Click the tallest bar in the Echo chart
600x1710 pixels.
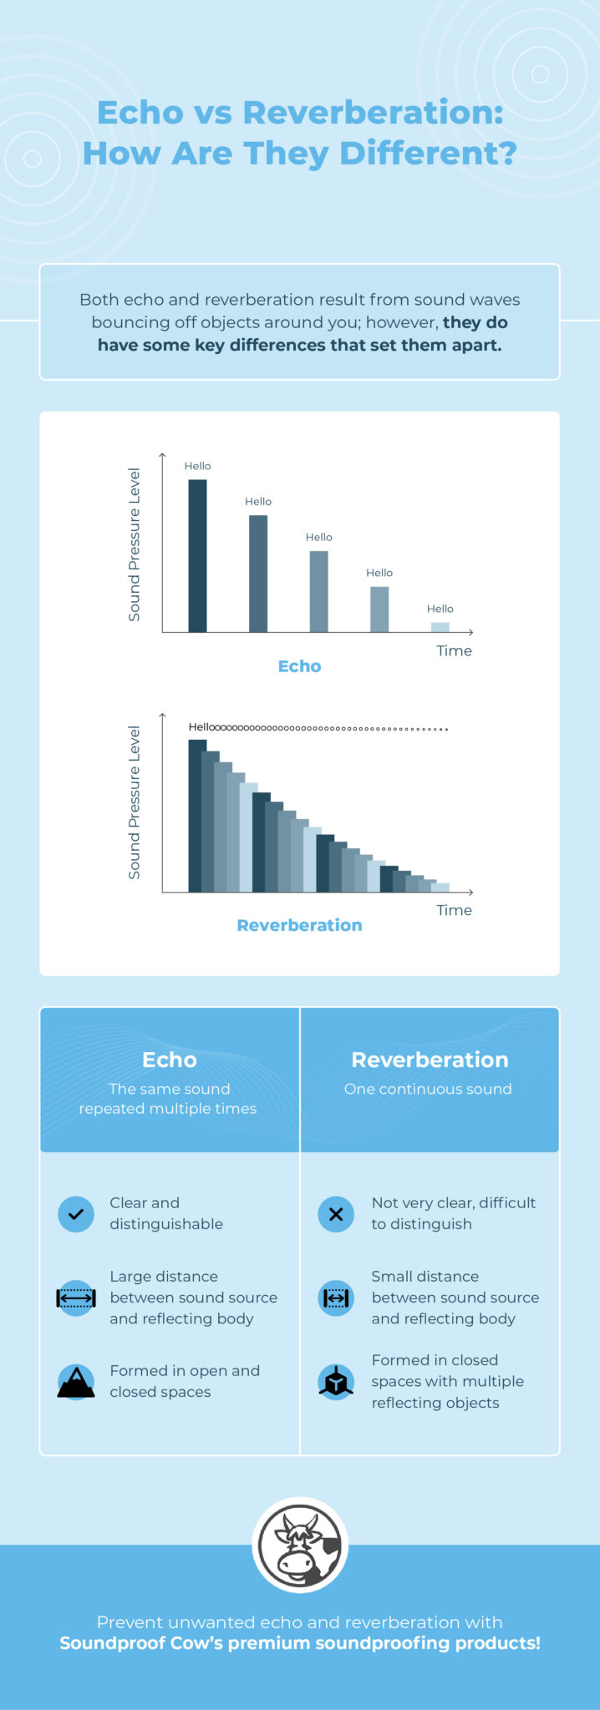197,555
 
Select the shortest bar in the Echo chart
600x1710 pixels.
440,627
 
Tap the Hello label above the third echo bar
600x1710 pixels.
318,538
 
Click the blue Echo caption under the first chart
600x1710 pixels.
299,666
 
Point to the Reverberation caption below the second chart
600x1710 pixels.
299,925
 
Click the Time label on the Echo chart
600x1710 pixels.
454,651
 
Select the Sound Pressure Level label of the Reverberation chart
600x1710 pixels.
134,802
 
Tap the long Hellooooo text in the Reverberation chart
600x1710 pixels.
318,728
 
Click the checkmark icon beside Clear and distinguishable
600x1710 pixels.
76,1214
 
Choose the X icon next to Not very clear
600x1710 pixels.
336,1214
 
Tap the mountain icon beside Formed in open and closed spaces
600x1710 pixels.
76,1381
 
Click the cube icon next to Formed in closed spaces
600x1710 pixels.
336,1381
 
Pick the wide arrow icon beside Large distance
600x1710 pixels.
76,1298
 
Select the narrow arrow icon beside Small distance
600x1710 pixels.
336,1298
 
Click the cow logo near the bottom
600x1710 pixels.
300,1546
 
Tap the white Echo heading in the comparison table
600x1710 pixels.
169,1060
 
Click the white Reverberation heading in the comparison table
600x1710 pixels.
430,1060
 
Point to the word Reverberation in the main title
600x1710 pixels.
373,113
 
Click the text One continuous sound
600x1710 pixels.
428,1089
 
